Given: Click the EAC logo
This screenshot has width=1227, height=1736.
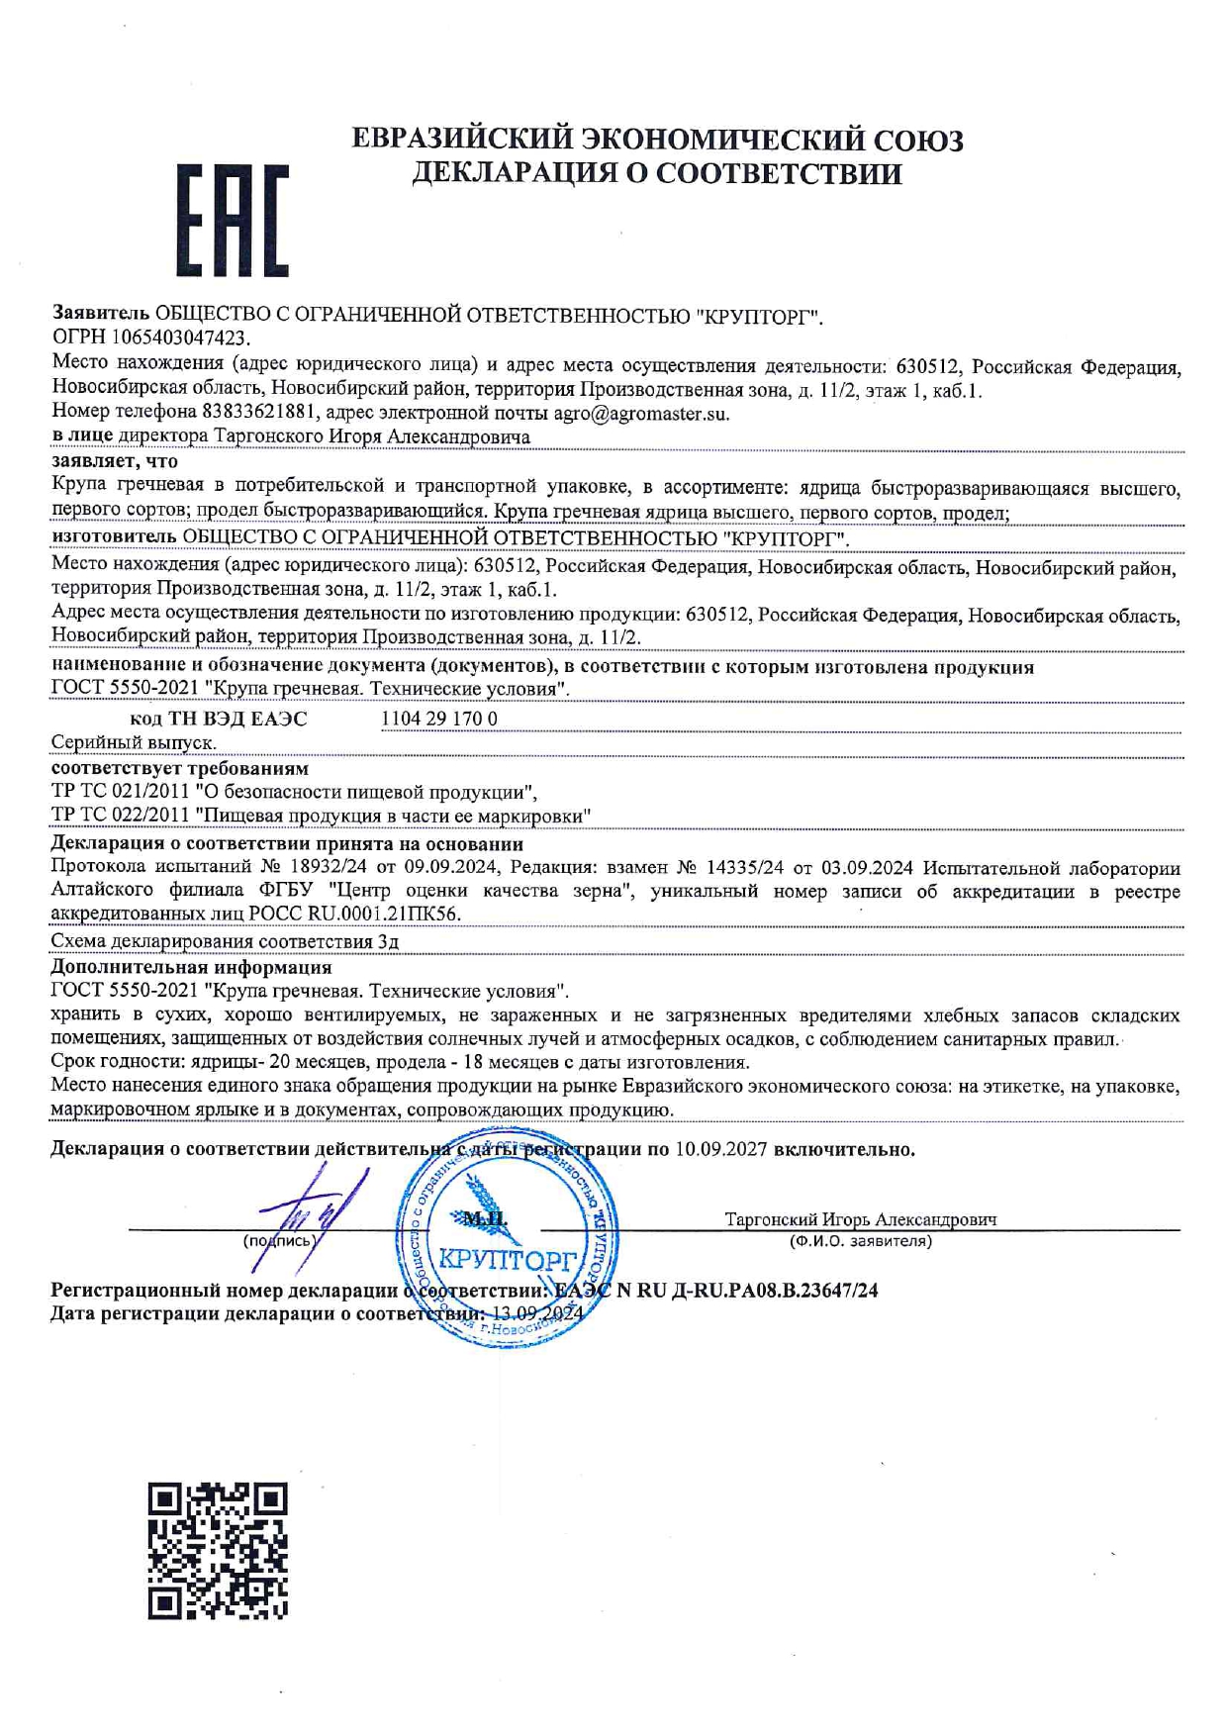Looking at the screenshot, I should [233, 221].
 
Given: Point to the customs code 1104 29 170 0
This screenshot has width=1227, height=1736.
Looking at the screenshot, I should [439, 719].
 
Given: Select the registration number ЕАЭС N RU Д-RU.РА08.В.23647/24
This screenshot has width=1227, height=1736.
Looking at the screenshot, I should [715, 1291].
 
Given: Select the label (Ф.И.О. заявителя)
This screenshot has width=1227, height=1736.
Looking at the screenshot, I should [860, 1241].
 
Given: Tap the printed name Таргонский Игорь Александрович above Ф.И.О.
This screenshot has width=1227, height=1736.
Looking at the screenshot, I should [860, 1219].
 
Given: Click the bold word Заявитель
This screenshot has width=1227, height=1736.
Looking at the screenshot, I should [100, 315].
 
